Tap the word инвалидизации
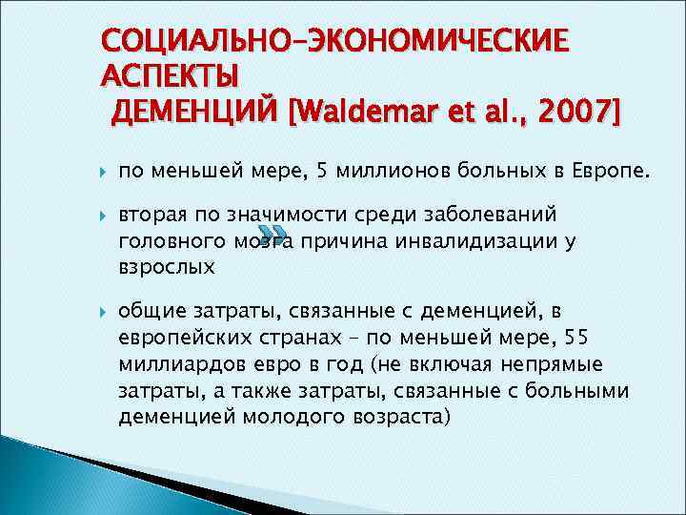[463, 242]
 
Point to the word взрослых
[166, 268]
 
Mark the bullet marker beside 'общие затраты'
[101, 310]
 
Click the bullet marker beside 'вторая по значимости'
[101, 216]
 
